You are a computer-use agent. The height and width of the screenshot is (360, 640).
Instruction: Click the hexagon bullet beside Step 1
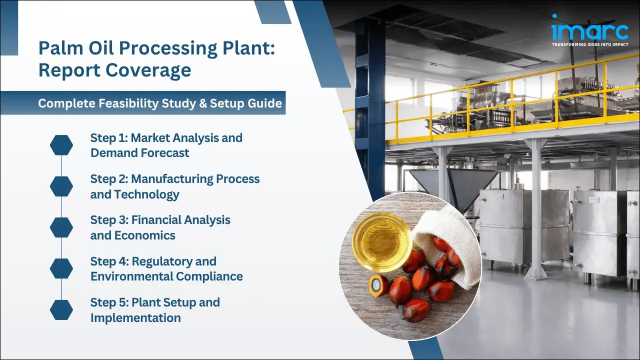(61, 145)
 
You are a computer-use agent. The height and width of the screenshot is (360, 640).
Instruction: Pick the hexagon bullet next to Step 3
(61, 227)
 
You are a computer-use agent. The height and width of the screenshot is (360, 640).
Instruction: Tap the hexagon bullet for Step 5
(61, 310)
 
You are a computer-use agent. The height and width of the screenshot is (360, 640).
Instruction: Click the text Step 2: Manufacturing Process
(174, 179)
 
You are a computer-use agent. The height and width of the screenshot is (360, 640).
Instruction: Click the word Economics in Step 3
(145, 235)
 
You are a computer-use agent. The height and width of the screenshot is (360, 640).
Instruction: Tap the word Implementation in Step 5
(135, 317)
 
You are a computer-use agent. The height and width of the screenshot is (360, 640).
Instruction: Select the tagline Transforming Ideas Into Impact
(590, 45)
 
